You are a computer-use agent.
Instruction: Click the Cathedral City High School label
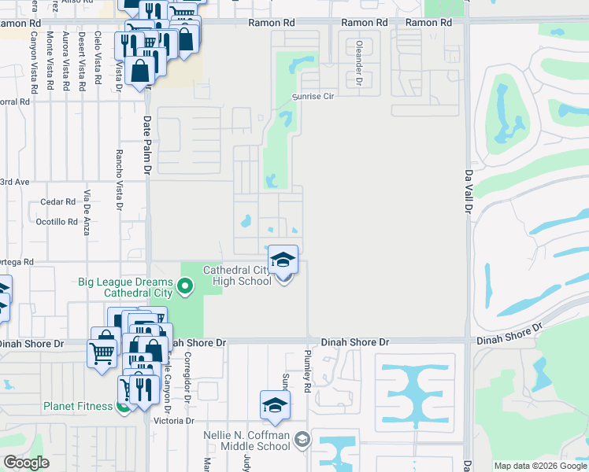[237, 275]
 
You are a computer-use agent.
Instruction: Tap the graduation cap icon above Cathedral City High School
[283, 259]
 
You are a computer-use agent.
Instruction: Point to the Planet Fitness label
[78, 407]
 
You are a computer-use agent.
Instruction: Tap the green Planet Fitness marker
[123, 407]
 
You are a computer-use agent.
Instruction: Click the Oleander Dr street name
[358, 63]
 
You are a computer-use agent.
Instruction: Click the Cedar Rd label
[57, 202]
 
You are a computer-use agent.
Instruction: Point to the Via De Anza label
[87, 213]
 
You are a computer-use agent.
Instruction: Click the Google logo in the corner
[26, 463]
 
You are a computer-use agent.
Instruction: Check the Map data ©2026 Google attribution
[539, 466]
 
